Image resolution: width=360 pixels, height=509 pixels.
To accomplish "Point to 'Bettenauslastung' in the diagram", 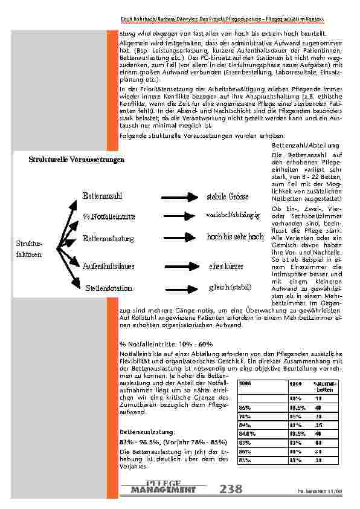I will [108, 239].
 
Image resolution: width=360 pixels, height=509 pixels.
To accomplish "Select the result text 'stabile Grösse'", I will [231, 197].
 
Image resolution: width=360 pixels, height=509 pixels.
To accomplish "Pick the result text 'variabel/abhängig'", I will [233, 215].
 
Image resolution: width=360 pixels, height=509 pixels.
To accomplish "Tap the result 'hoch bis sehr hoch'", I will [235, 237].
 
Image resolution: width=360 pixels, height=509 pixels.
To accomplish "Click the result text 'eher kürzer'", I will [227, 266].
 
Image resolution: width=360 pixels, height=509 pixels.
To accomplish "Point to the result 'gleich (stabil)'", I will [230, 287].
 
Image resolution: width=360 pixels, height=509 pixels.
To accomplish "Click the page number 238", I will [233, 489].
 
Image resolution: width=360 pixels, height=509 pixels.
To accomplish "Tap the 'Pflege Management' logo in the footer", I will [163, 487].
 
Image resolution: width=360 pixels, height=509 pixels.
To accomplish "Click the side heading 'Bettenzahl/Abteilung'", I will [300, 146].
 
